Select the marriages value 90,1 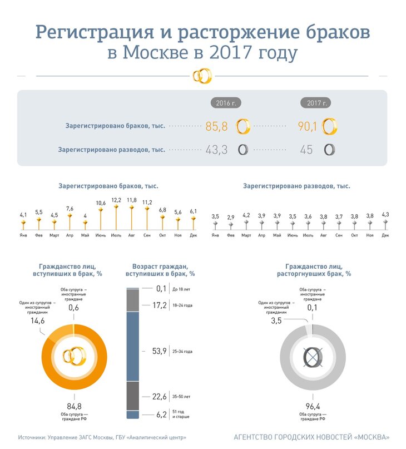(308, 127)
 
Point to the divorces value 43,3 (217, 150)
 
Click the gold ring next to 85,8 (242, 127)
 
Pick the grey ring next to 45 (330, 150)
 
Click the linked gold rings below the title (202, 76)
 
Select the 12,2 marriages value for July (116, 200)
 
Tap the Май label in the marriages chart (85, 235)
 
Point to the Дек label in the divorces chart (385, 235)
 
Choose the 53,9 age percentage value (159, 351)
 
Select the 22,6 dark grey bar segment (132, 396)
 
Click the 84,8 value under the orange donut (73, 406)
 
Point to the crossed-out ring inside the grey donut (312, 356)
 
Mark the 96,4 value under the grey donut (312, 406)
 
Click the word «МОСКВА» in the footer (369, 437)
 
